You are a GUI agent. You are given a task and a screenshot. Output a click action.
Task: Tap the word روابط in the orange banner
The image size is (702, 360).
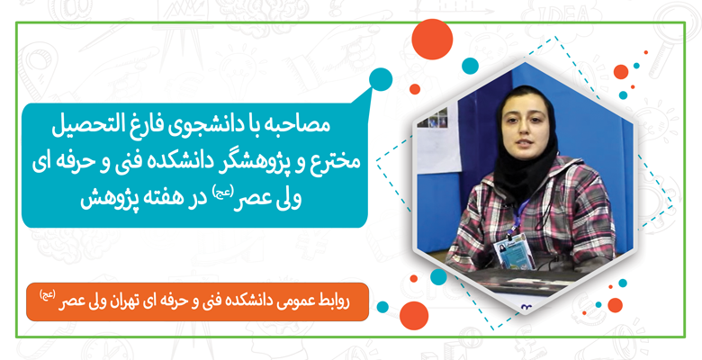tap(334, 301)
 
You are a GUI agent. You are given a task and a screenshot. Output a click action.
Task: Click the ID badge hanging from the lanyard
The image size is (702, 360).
tap(515, 255)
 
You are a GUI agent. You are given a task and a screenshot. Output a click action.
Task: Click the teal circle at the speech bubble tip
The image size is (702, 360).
tap(381, 79)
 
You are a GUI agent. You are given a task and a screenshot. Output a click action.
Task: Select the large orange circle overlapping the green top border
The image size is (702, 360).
tap(432, 40)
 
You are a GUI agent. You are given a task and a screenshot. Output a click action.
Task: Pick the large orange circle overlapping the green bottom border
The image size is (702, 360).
tap(414, 316)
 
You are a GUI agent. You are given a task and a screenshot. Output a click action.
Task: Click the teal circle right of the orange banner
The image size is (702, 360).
tap(382, 307)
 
